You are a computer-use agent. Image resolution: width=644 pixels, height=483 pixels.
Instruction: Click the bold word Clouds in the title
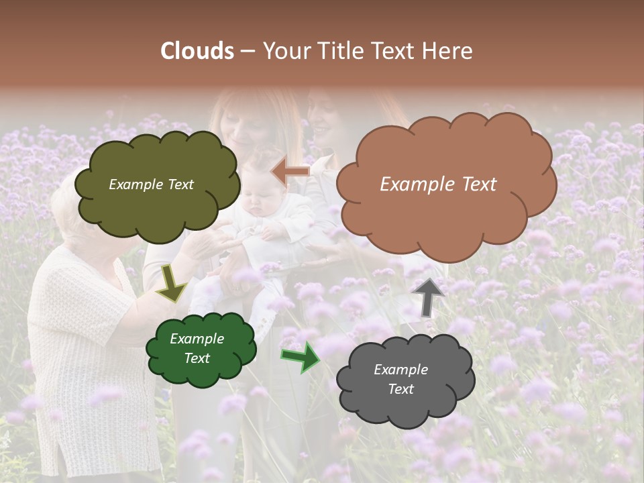point(198,51)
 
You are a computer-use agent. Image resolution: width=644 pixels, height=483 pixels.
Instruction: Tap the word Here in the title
point(447,51)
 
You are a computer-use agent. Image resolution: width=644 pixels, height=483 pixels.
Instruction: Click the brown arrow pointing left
point(290,172)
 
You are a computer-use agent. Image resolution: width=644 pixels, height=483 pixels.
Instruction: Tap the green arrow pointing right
point(301,357)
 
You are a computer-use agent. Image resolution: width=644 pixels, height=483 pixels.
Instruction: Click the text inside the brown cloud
point(438,184)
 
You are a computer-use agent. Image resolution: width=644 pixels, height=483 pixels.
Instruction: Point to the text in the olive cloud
point(151,184)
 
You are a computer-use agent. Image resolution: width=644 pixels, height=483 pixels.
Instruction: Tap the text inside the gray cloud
point(400,379)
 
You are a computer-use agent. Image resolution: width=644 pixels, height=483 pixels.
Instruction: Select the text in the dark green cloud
point(197,348)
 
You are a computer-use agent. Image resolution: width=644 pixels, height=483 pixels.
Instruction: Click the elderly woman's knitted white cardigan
point(80,335)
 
